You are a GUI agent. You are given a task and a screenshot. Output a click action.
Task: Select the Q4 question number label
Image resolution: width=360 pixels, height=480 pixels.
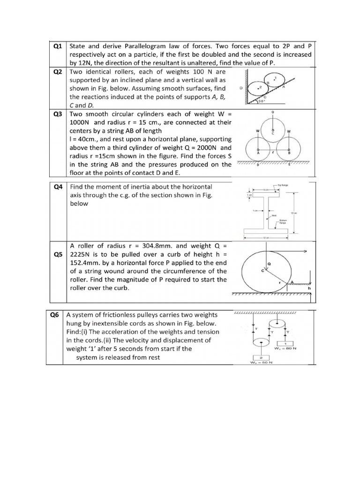[58, 187]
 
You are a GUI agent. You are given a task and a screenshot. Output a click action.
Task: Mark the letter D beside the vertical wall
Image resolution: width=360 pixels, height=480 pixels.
[241, 88]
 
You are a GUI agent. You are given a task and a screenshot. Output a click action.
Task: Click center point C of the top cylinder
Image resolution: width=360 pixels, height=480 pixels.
[273, 133]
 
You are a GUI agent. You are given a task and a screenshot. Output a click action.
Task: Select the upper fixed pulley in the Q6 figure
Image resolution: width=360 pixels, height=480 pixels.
[277, 323]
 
